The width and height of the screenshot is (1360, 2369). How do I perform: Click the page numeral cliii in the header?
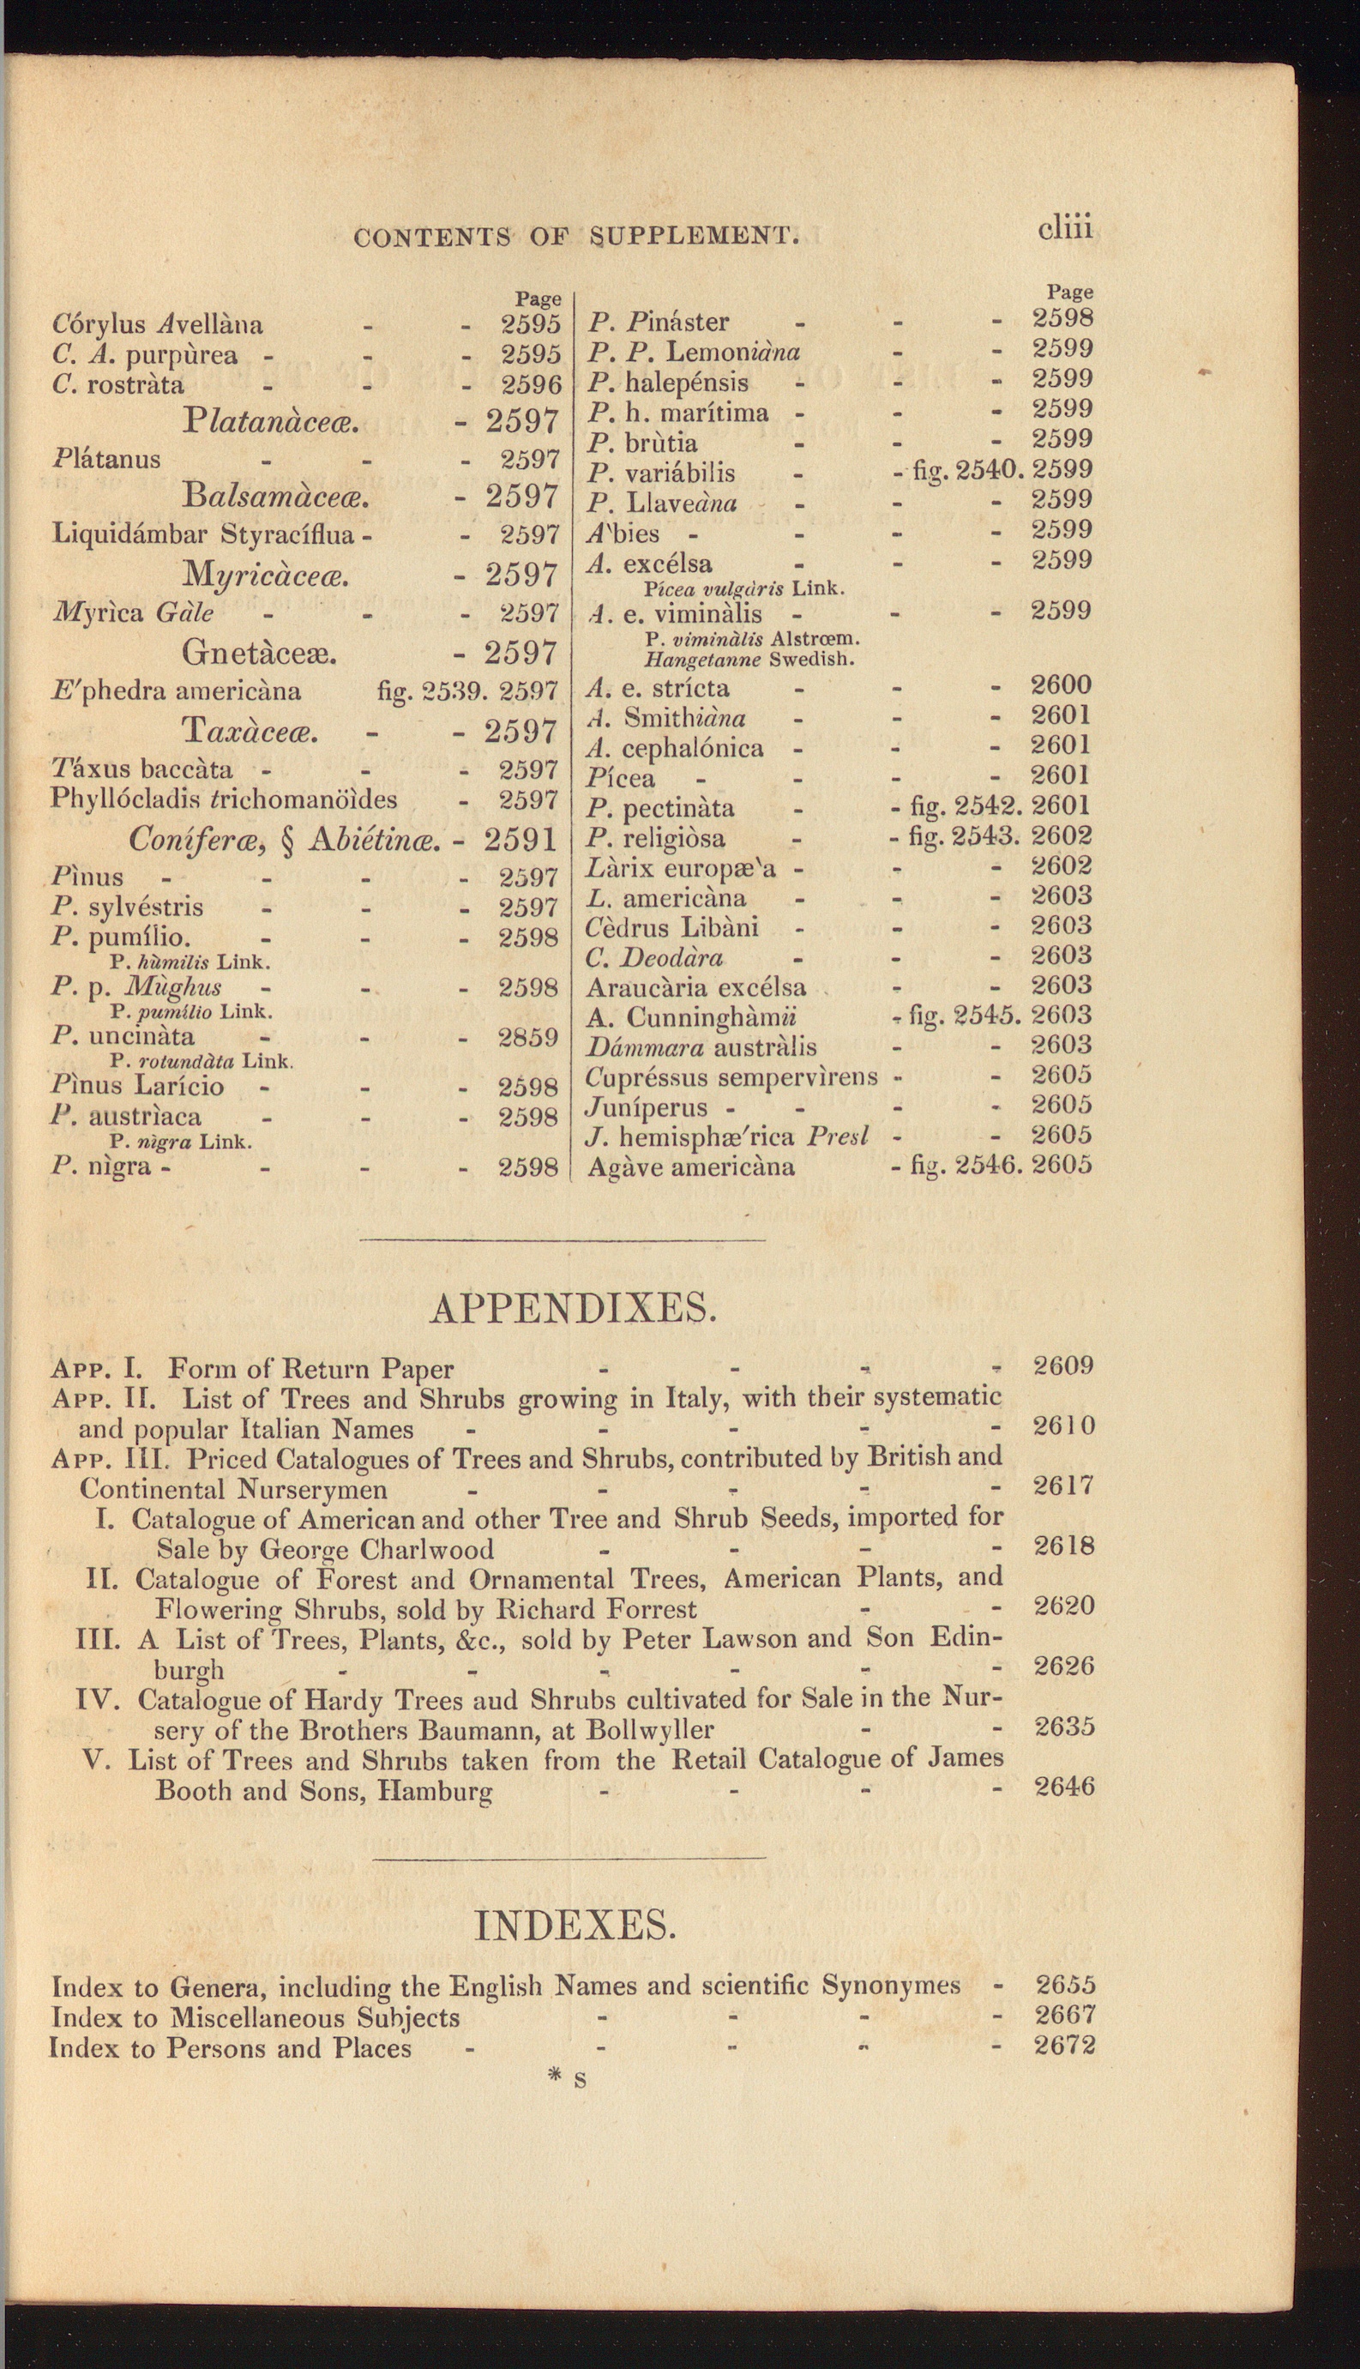pyautogui.click(x=1064, y=229)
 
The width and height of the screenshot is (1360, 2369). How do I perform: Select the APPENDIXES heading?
pyautogui.click(x=573, y=1309)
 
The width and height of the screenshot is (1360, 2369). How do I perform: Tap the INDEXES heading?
pyautogui.click(x=575, y=1926)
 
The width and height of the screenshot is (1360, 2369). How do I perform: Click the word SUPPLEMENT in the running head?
pyautogui.click(x=695, y=238)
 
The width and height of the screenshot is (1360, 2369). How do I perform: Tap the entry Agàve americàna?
pyautogui.click(x=690, y=1166)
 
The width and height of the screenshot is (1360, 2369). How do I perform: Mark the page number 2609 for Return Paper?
pyautogui.click(x=1063, y=1366)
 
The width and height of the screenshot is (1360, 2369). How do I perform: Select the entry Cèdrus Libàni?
pyautogui.click(x=671, y=927)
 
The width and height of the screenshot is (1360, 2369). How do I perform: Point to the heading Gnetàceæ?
pyautogui.click(x=260, y=651)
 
